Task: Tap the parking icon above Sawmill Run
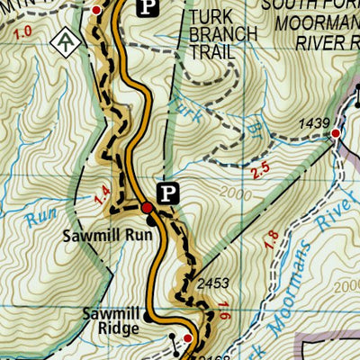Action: [x=167, y=191]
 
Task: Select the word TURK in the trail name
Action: [x=211, y=17]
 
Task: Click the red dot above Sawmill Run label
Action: [x=148, y=209]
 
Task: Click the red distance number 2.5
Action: [x=262, y=168]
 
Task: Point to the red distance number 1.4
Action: [x=101, y=191]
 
